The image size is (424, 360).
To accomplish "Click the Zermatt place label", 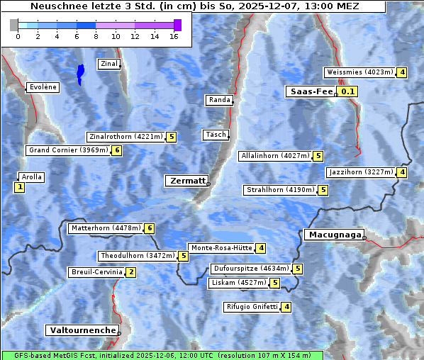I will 186,181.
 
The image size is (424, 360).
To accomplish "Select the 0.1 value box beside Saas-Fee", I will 347,91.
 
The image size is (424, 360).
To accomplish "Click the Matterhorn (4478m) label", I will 106,228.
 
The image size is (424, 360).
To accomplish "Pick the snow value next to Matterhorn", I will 149,228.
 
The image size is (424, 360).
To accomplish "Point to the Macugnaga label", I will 333,235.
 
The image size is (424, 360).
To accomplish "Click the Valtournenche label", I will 82,330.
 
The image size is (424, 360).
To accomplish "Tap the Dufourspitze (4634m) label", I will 251,269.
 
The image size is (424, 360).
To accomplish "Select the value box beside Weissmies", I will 402,72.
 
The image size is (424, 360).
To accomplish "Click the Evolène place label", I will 43,87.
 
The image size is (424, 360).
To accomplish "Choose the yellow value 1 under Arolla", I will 19,187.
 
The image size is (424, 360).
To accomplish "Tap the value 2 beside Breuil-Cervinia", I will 130,272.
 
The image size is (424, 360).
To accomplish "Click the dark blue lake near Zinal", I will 81,73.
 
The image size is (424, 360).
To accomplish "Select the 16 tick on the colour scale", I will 174,36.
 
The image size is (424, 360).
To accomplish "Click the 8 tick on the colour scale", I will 96,36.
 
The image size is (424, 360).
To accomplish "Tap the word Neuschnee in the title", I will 55,6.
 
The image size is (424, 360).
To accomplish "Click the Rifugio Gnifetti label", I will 251,307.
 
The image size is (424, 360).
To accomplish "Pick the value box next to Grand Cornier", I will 117,150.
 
